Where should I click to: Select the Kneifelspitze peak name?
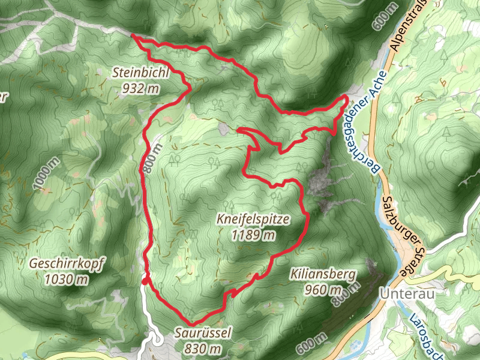tap(254, 220)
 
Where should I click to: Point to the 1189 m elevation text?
tap(254, 235)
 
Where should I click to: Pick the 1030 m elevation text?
tap(66, 279)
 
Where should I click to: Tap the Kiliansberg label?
tap(323, 276)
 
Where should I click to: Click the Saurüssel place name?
tap(203, 334)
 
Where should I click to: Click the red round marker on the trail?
tap(145, 281)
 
